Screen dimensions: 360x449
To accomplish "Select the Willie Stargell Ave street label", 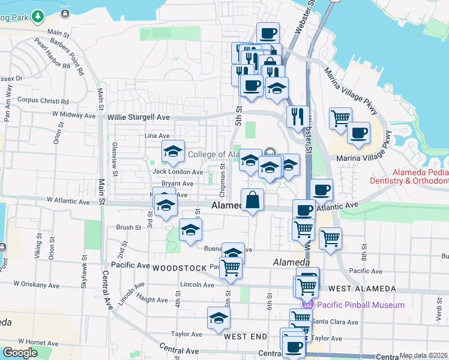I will coord(139,118).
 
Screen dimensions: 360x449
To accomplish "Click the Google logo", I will coord(20,353).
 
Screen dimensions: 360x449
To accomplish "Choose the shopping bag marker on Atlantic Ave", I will coord(253,200).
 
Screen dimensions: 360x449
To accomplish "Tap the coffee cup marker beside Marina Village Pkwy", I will coord(358,133).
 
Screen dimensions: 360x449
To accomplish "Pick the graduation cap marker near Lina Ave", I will coord(173,151).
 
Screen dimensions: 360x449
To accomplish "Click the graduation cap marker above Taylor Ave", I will coord(218,317).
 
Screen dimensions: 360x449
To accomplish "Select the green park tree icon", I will coord(39,16).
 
